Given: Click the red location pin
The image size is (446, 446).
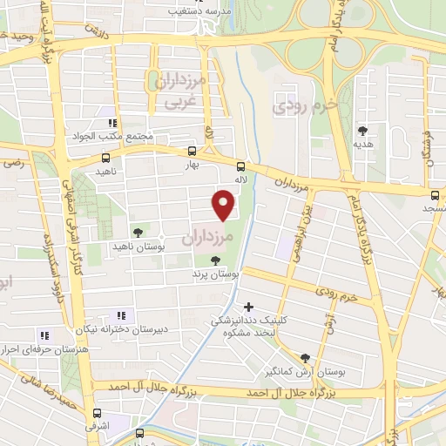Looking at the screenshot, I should (225, 204).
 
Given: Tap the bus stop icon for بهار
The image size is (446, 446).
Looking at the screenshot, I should (192, 150).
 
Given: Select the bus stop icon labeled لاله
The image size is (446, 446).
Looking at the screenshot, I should (240, 168).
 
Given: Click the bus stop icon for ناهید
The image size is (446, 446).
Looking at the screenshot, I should (105, 158).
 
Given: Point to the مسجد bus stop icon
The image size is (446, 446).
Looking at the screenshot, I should (434, 193).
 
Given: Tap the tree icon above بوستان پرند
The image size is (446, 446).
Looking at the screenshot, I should (215, 260).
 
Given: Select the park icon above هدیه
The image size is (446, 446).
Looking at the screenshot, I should (362, 131).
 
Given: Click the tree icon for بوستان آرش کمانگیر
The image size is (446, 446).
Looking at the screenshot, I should (305, 357).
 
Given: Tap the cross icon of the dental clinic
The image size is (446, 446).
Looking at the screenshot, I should (250, 307).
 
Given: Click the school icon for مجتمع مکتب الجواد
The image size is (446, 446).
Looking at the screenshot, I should (111, 123).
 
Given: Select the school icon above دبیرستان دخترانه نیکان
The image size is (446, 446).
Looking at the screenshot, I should (121, 315).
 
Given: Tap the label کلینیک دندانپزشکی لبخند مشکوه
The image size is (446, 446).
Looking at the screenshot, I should (249, 327).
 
